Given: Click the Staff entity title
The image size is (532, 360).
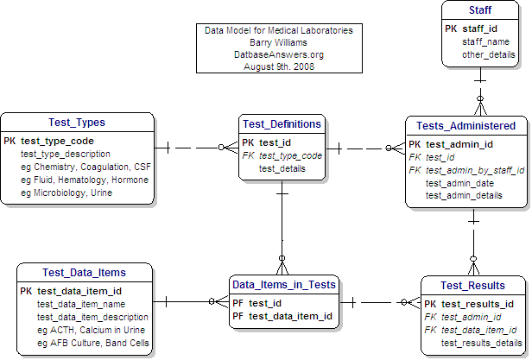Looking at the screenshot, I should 480,9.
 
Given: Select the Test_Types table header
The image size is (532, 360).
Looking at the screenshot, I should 79,122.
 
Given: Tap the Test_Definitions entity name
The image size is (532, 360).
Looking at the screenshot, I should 282,123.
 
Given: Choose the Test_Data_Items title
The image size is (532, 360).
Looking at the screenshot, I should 85,273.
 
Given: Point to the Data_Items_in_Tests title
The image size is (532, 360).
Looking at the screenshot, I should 283,284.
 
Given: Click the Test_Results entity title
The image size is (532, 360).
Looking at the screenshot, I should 472,286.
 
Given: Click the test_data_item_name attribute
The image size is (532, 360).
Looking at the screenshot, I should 81,304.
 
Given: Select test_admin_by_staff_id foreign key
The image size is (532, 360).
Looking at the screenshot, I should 474,170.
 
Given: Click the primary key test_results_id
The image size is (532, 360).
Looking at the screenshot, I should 477,304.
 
